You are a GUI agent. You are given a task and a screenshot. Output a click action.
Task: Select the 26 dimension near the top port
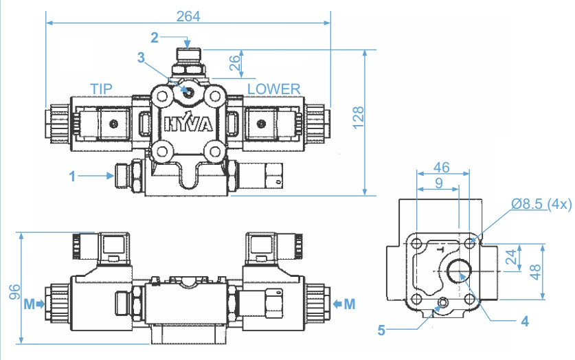pyautogui.click(x=235, y=64)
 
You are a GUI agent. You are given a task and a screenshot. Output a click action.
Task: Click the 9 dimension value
pyautogui.click(x=438, y=183)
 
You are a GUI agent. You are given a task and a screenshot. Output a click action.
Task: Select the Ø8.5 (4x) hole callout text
pyautogui.click(x=540, y=204)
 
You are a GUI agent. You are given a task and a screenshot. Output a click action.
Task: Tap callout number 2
pyautogui.click(x=155, y=36)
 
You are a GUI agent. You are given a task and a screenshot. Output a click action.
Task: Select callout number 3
pyautogui.click(x=142, y=58)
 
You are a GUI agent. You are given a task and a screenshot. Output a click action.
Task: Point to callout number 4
pyautogui.click(x=524, y=320)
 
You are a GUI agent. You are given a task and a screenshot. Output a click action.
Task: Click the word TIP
pyautogui.click(x=102, y=89)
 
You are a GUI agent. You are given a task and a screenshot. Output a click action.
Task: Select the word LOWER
pyautogui.click(x=274, y=89)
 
